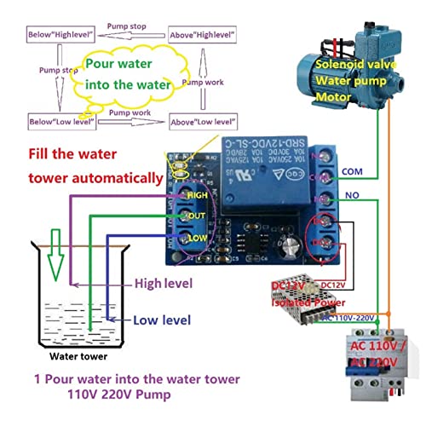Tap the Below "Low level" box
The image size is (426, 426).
(59, 121)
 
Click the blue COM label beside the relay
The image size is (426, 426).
(351, 171)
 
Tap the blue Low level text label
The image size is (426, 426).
(162, 320)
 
